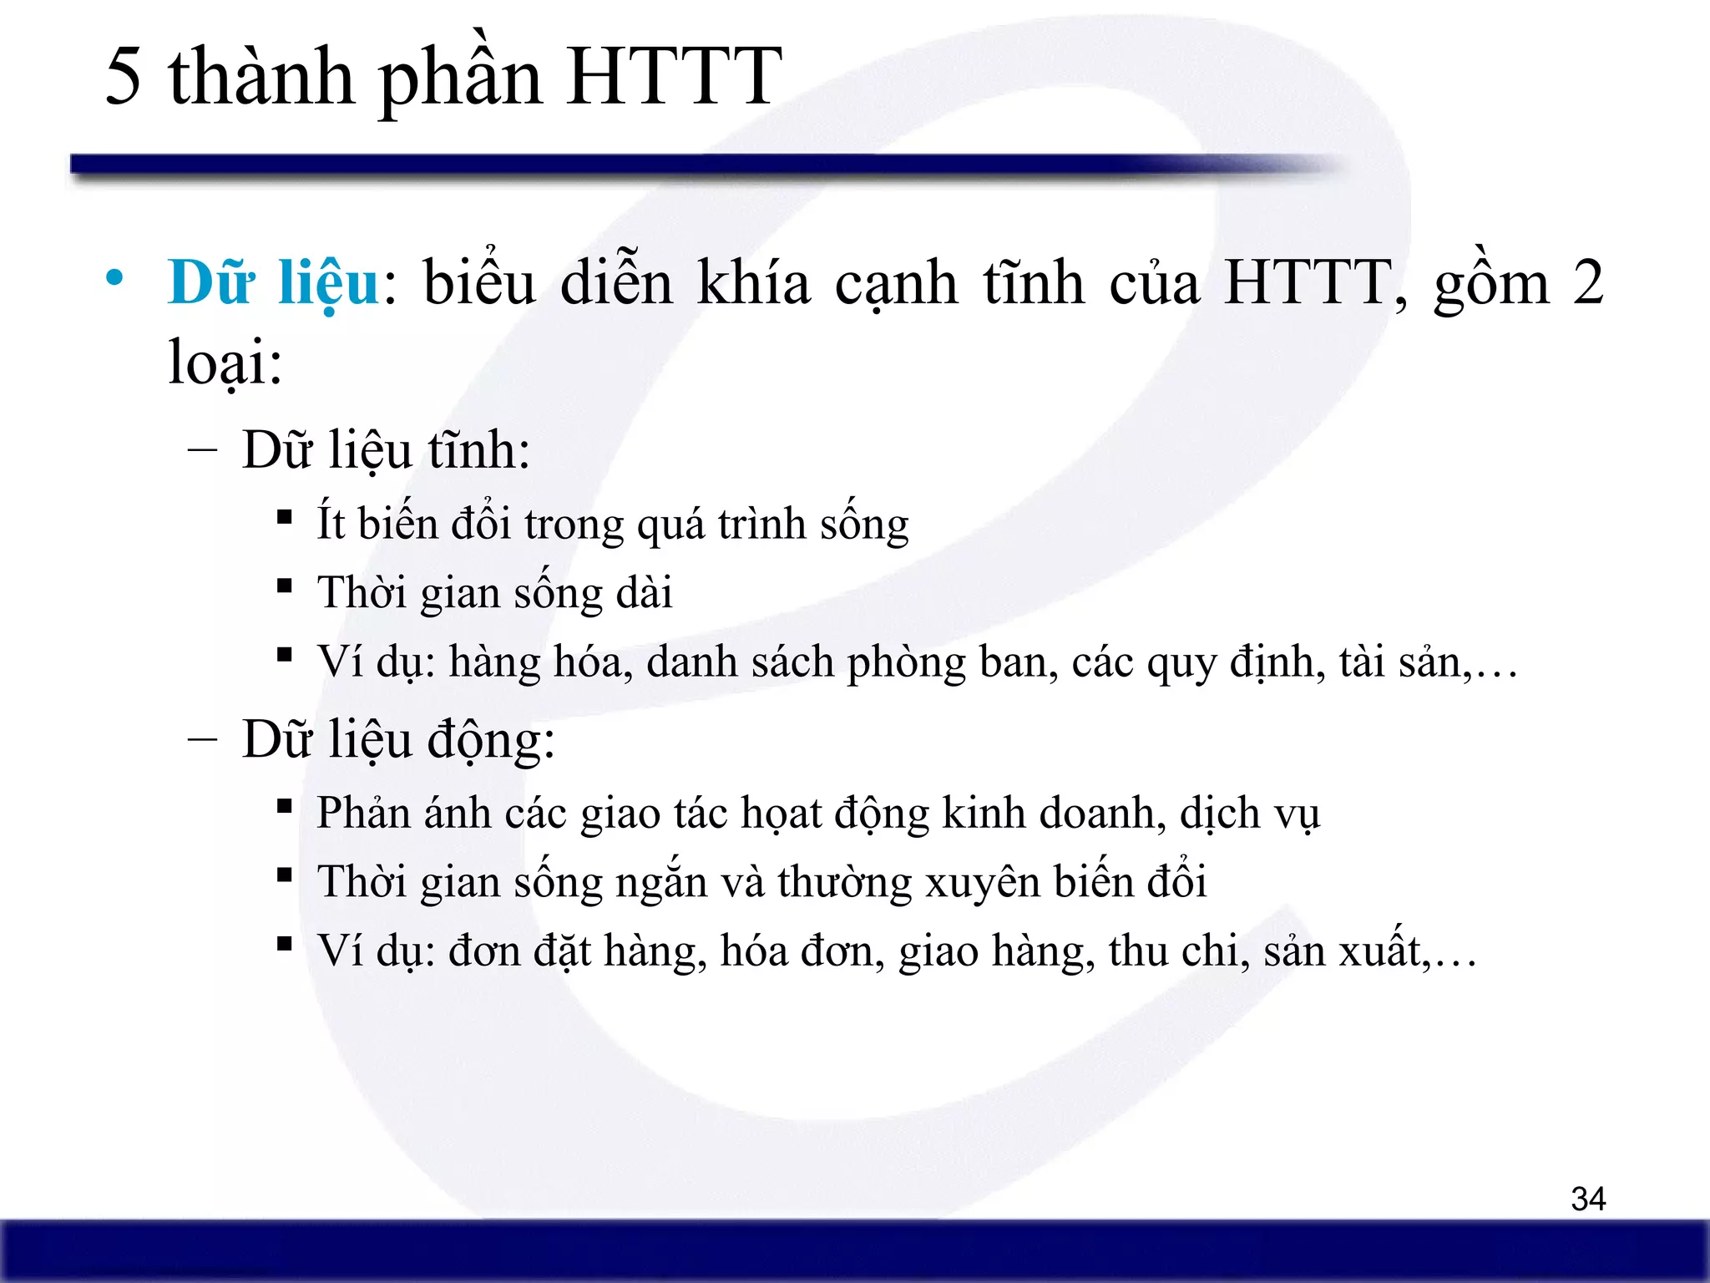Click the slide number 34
[x=1588, y=1199]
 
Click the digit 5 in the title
[x=124, y=77]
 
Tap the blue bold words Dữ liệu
[x=274, y=282]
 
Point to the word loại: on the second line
[x=225, y=363]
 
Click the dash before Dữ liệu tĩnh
[x=203, y=450]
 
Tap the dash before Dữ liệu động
[x=203, y=739]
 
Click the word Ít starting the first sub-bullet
[x=331, y=523]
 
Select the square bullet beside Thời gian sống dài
[x=285, y=586]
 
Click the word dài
[x=643, y=593]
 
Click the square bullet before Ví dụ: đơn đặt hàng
[x=285, y=945]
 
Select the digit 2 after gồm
[x=1587, y=282]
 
